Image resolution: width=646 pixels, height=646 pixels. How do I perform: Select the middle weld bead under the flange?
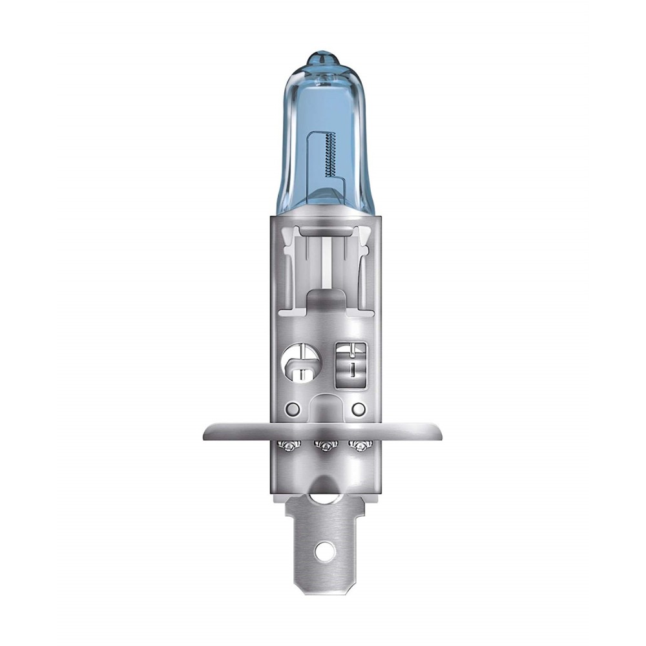pyautogui.click(x=323, y=445)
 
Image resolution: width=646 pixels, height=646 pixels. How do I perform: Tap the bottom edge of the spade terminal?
pyautogui.click(x=323, y=587)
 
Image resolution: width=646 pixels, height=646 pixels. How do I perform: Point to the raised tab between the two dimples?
pyautogui.click(x=324, y=407)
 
